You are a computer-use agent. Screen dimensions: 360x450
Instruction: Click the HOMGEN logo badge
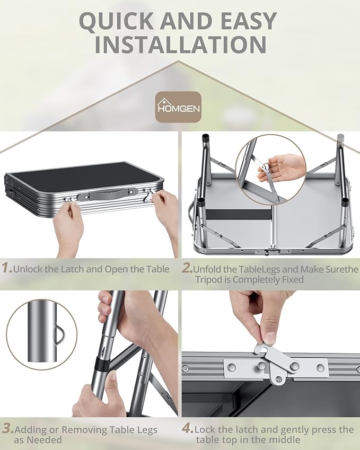(178, 107)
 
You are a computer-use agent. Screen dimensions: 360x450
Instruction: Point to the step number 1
(7, 268)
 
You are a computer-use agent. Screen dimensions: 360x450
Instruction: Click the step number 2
(187, 268)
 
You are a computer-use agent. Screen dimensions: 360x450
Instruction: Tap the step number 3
(8, 428)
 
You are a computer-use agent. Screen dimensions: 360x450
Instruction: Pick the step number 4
(188, 428)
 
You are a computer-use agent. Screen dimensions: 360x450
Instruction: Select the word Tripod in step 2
(209, 279)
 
